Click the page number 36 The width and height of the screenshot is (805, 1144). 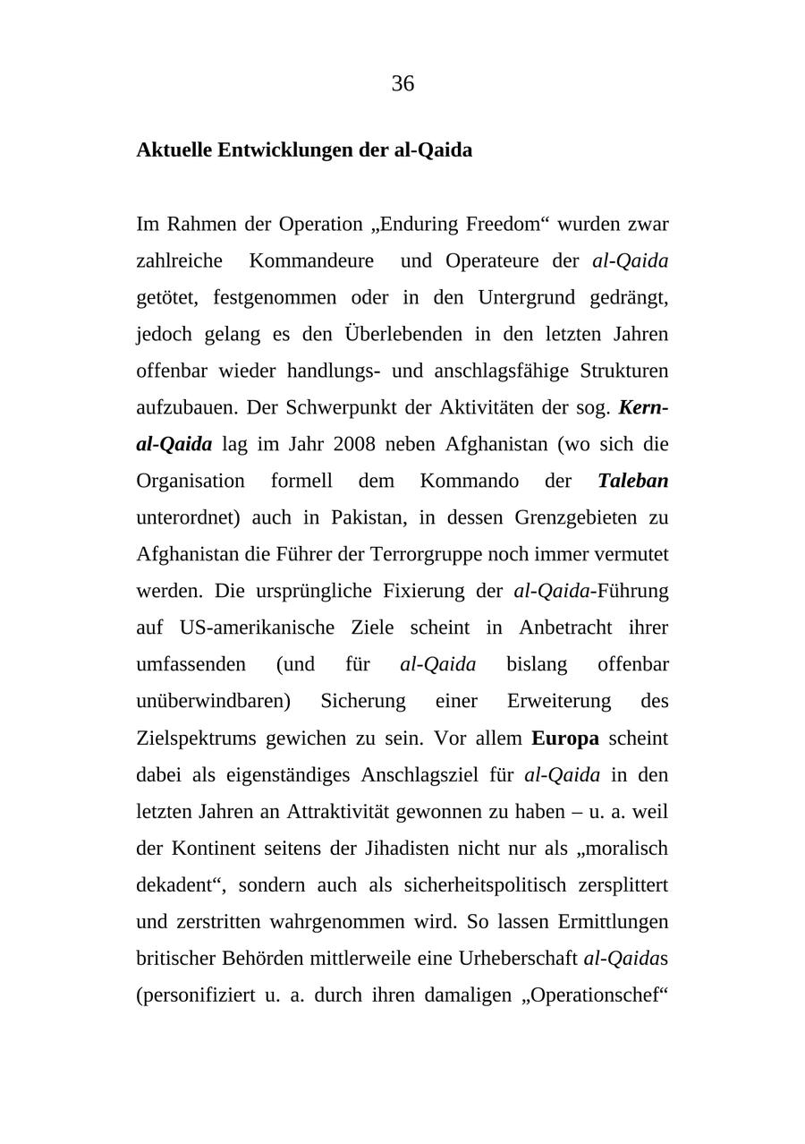[x=402, y=83]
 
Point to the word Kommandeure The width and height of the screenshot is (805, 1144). [x=311, y=260]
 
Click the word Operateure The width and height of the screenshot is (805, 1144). [x=492, y=260]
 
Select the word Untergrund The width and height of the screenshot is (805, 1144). [x=528, y=297]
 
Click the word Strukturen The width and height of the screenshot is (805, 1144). [x=623, y=371]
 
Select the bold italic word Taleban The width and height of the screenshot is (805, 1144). [x=632, y=481]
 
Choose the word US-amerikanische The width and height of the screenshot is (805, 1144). [x=257, y=627]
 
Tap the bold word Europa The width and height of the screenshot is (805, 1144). [x=564, y=738]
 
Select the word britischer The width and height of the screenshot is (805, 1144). [x=175, y=959]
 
